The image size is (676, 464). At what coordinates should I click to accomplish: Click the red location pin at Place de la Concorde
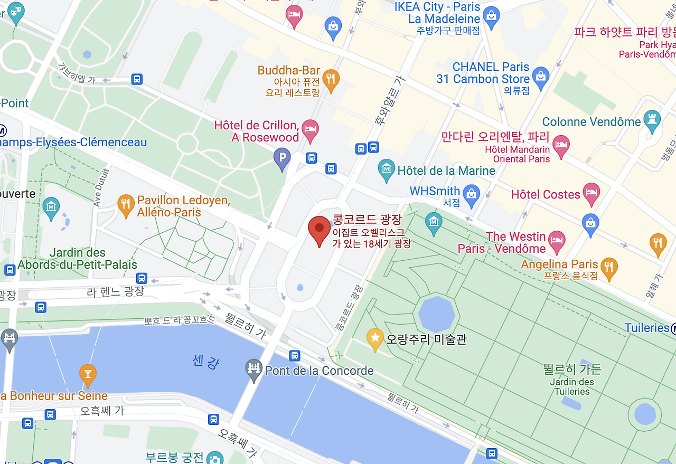[319, 229]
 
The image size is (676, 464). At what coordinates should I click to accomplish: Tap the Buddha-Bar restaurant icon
[331, 79]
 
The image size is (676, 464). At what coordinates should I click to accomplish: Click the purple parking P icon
[282, 157]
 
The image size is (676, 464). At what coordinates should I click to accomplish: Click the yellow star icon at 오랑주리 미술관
[375, 338]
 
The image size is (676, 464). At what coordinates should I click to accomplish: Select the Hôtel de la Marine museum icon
[387, 169]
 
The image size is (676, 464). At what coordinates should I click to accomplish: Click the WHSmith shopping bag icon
[471, 193]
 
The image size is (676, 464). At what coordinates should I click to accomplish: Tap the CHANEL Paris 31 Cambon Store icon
[541, 77]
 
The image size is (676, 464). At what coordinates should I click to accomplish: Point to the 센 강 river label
[205, 362]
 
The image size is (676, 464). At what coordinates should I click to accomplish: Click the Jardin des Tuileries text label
[572, 386]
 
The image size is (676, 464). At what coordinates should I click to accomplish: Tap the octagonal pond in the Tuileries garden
[436, 314]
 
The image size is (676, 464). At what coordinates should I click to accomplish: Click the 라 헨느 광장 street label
[115, 291]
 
